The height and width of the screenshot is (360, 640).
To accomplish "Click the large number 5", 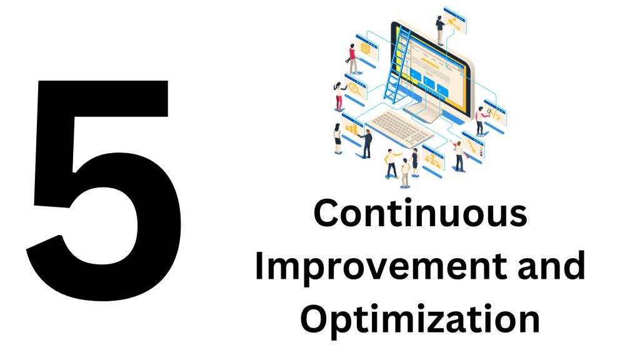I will click(103, 187).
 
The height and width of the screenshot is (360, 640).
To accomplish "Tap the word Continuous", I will click(420, 213).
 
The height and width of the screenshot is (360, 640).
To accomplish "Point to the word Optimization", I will click(420, 321).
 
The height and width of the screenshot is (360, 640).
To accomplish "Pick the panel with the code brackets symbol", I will click(496, 114).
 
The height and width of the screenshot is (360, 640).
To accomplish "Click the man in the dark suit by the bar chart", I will click(367, 143).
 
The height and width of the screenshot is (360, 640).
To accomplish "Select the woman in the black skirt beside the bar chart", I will click(337, 139).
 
